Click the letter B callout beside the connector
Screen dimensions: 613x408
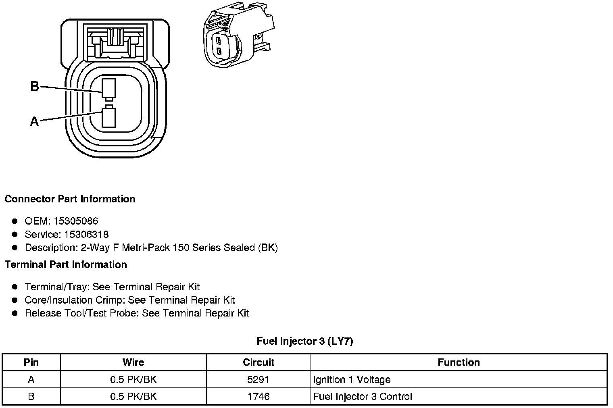pyautogui.click(x=35, y=86)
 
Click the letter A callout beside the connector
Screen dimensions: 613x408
pyautogui.click(x=34, y=121)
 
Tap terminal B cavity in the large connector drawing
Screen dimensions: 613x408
pyautogui.click(x=108, y=88)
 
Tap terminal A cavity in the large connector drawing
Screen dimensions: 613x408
pyautogui.click(x=108, y=117)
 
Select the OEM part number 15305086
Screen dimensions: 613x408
pyautogui.click(x=76, y=221)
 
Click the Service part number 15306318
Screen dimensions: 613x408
pyautogui.click(x=86, y=234)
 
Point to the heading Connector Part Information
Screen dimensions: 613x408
pyautogui.click(x=70, y=199)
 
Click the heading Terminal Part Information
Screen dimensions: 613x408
pyautogui.click(x=66, y=264)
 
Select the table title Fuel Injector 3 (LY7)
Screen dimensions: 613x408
pyautogui.click(x=305, y=341)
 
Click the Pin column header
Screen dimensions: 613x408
pyautogui.click(x=31, y=362)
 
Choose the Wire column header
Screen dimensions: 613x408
pyautogui.click(x=133, y=362)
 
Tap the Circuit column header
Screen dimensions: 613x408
pyautogui.click(x=259, y=362)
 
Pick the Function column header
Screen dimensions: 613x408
pyautogui.click(x=459, y=362)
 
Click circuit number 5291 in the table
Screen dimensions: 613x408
pyautogui.click(x=259, y=379)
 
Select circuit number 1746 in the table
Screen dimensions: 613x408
pyautogui.click(x=259, y=396)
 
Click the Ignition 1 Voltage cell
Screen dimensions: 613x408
pyautogui.click(x=352, y=379)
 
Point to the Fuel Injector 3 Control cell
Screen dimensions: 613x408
pyautogui.click(x=363, y=396)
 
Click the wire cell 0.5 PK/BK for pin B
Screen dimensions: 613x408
pyautogui.click(x=133, y=396)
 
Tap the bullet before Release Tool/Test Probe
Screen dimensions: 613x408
pyautogui.click(x=15, y=313)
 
